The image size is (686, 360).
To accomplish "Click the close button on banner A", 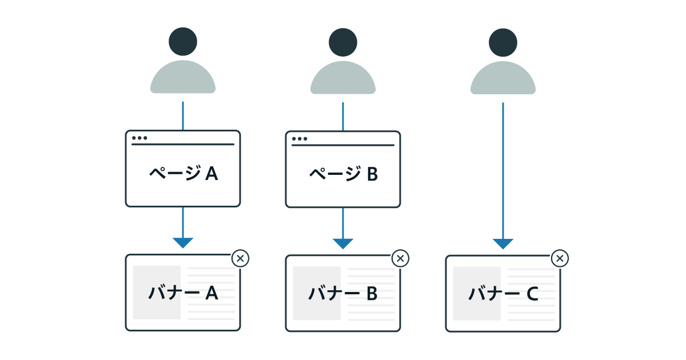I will click(240, 259).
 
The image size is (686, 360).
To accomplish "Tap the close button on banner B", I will click(400, 259).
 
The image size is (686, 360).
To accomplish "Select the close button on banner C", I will click(560, 259).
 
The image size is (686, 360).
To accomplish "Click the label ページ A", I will click(183, 174).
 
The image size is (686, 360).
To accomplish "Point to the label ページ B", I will click(343, 174).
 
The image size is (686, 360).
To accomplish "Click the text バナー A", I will click(183, 293).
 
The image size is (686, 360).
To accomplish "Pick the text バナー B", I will click(343, 293).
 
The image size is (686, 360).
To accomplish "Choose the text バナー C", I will click(503, 293).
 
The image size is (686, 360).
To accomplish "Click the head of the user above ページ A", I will click(183, 42).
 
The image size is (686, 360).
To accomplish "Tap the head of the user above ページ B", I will click(343, 42).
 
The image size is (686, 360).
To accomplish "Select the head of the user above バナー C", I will click(503, 42).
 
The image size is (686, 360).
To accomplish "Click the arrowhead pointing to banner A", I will click(183, 243).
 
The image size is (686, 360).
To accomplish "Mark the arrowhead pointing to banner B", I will click(343, 243).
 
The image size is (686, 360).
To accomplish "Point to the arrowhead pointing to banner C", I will click(503, 243).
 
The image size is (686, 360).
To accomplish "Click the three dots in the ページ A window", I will click(139, 138).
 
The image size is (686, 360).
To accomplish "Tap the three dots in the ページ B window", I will click(300, 138).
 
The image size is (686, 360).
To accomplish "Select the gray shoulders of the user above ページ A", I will click(183, 79).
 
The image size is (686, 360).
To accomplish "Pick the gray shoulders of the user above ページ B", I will click(343, 79).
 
